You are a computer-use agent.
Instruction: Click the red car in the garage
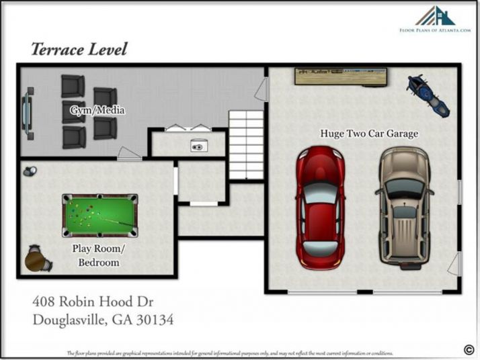click(321, 208)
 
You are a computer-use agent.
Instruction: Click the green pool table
click(100, 215)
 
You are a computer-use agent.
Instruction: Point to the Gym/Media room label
click(97, 110)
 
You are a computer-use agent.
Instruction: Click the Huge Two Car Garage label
click(368, 134)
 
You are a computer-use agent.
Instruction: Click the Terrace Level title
click(79, 49)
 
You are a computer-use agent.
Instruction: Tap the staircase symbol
click(245, 144)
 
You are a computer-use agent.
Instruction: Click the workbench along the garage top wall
click(343, 75)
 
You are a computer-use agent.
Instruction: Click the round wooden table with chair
click(37, 260)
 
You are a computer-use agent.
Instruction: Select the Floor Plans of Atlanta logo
click(434, 20)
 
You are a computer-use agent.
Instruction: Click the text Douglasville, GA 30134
click(103, 320)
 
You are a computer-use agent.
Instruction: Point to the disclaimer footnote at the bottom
click(229, 353)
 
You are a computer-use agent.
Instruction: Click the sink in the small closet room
click(198, 146)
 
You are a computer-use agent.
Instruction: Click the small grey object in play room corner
click(29, 172)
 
